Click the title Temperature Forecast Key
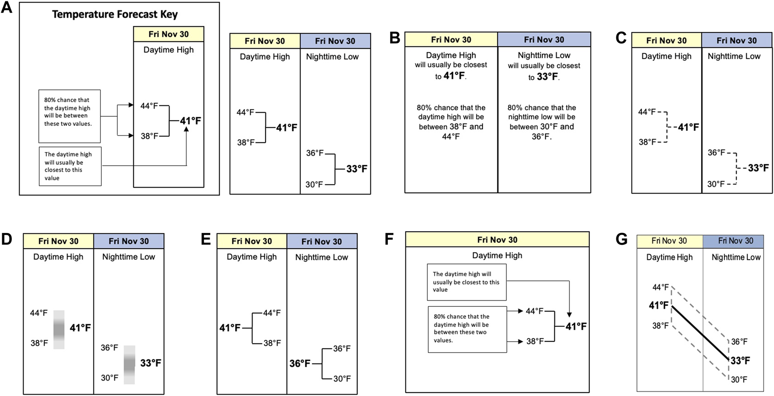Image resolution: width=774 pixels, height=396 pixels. coord(115,14)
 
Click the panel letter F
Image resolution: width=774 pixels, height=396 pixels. coord(389,240)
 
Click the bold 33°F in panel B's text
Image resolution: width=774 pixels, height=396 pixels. coord(547,76)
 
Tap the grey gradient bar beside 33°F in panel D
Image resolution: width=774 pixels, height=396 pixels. coord(129,365)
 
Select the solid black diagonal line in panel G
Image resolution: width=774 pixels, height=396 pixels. coord(700,333)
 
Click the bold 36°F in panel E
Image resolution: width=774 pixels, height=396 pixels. coord(300,363)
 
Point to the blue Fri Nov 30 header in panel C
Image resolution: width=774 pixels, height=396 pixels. coord(736,41)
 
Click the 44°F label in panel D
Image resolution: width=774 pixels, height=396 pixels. coord(39,313)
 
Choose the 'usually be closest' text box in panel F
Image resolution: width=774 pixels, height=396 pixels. coord(466,282)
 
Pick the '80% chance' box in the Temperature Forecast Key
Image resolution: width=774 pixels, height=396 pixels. coord(69,116)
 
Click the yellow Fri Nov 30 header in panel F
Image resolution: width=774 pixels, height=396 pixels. coord(497,240)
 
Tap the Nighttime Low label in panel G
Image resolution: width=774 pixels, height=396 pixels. coord(736,257)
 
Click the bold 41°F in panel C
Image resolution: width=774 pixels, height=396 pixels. coord(688,127)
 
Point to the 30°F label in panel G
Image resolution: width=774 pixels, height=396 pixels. coord(739,379)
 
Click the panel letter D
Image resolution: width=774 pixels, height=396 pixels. coord(7,240)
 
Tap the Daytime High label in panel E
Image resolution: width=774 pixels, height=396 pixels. coord(252,257)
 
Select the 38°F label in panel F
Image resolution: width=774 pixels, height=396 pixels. coord(535,341)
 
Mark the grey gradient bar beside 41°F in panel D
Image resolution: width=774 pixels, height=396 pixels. coord(59,329)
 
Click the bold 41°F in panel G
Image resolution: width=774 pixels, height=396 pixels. coord(659,305)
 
